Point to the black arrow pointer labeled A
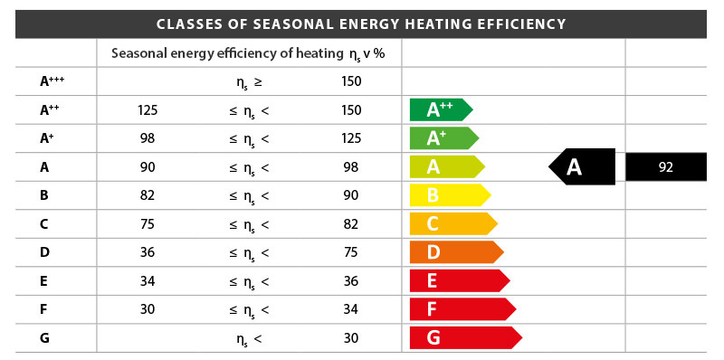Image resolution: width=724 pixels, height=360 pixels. pyautogui.click(x=582, y=166)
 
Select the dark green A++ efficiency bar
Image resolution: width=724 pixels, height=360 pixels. pyautogui.click(x=440, y=110)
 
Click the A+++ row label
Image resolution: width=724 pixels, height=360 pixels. pyautogui.click(x=52, y=81)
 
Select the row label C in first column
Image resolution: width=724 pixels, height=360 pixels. pyautogui.click(x=44, y=223)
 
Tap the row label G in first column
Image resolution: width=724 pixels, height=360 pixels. pyautogui.click(x=44, y=338)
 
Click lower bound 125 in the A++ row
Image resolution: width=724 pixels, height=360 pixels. pyautogui.click(x=148, y=110)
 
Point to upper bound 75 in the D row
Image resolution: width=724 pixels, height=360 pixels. pyautogui.click(x=352, y=252)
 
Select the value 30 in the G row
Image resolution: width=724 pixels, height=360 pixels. pyautogui.click(x=352, y=338)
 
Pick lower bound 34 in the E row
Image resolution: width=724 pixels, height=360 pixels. pyautogui.click(x=148, y=280)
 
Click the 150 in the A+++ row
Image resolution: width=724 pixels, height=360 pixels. pyautogui.click(x=352, y=81)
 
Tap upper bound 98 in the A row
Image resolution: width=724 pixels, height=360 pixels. pyautogui.click(x=352, y=166)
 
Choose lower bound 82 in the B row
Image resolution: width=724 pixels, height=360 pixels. pyautogui.click(x=148, y=195)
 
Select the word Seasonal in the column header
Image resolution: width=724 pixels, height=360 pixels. pyautogui.click(x=137, y=52)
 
